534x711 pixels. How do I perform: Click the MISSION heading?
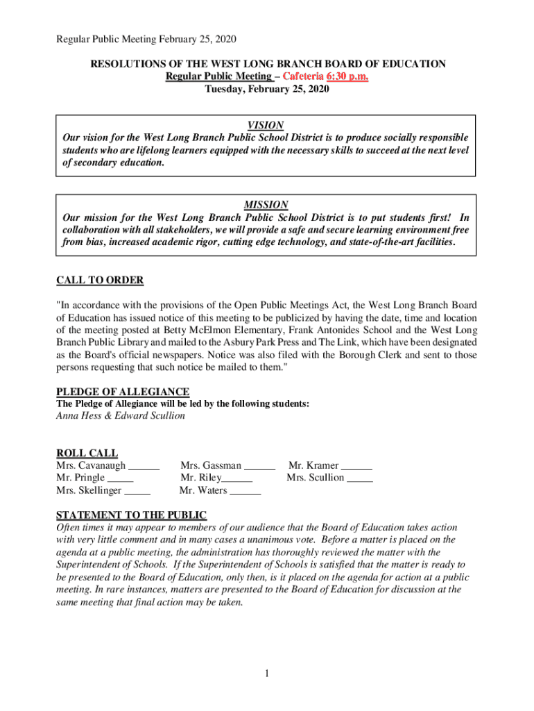click(x=266, y=205)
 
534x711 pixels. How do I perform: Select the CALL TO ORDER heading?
click(x=100, y=281)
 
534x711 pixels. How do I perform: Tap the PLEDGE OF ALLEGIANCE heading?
click(x=123, y=392)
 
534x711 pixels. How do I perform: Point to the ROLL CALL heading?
click(x=87, y=453)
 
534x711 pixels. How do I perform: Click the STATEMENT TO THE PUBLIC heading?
click(x=131, y=515)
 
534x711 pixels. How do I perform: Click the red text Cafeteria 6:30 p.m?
click(x=324, y=76)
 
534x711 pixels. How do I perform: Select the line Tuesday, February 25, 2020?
click(x=266, y=89)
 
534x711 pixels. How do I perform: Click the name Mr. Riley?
click(x=200, y=478)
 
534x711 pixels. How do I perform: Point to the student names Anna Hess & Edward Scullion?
click(x=120, y=416)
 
